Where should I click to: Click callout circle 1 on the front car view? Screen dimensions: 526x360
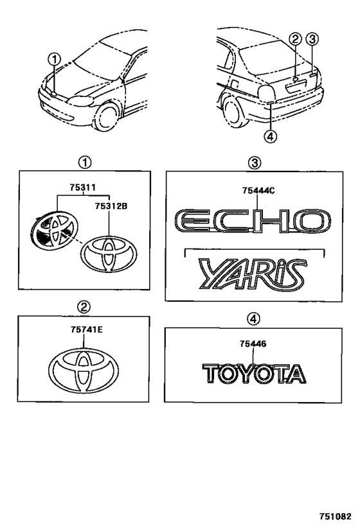coord(55,60)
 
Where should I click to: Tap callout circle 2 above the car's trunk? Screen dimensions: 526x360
coord(295,39)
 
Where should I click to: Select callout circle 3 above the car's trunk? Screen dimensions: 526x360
coord(313,39)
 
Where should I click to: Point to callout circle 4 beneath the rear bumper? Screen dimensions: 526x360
coord(271,136)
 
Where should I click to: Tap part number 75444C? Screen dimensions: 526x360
coord(255,189)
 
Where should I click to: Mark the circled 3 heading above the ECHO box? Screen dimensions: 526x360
coord(255,162)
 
